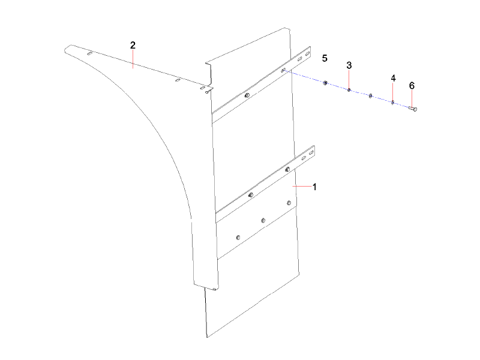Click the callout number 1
coord(314,187)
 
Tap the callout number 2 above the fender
coord(133,46)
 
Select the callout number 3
coord(349,65)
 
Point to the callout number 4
coord(393,79)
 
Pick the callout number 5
coord(325,58)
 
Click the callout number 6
coord(412,86)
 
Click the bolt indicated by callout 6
coord(413,109)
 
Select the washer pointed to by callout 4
coord(392,102)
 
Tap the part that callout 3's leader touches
coord(349,90)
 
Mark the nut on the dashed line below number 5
coord(325,82)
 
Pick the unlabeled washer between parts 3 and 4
coord(371,95)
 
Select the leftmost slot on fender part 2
coord(89,54)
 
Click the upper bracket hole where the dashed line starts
coord(283,70)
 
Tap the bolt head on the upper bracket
coord(247,95)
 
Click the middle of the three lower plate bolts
coord(263,221)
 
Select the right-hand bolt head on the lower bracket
coord(287,170)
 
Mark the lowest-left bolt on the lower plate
coord(239,237)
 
